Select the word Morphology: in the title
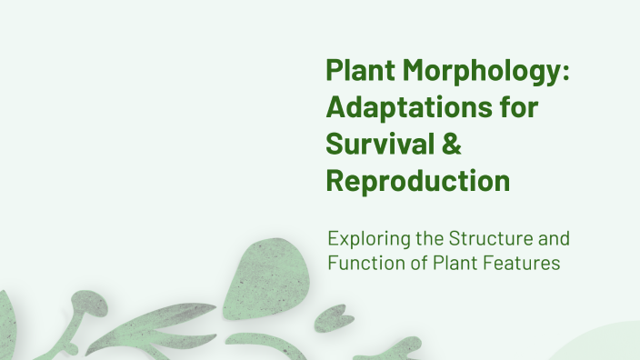pyautogui.click(x=485, y=73)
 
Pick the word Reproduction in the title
pyautogui.click(x=417, y=180)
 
